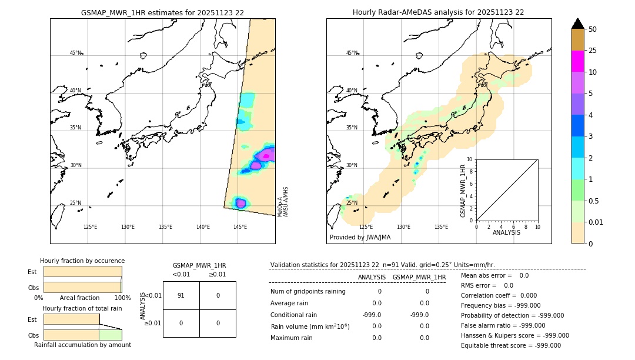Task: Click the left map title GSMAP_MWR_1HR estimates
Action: pos(162,12)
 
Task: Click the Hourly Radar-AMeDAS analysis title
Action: pos(438,12)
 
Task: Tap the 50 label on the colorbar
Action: pos(593,29)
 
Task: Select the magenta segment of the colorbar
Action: pos(577,62)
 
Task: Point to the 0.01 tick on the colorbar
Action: pos(597,222)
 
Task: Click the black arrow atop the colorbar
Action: pos(577,24)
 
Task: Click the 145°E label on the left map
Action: pos(240,227)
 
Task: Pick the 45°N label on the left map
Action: pos(75,53)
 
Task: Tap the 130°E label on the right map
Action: pos(403,227)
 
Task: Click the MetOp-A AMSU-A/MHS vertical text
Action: pos(283,202)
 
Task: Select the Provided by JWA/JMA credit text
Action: pos(360,237)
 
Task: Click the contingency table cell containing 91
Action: pos(181,295)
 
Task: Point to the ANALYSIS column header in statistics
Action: pos(372,277)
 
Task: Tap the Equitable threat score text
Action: pos(510,345)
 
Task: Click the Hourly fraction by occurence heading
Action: pos(82,261)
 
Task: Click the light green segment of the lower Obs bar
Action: pos(110,335)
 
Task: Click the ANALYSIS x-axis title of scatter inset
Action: pos(506,232)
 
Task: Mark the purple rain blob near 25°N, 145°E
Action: pos(240,203)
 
